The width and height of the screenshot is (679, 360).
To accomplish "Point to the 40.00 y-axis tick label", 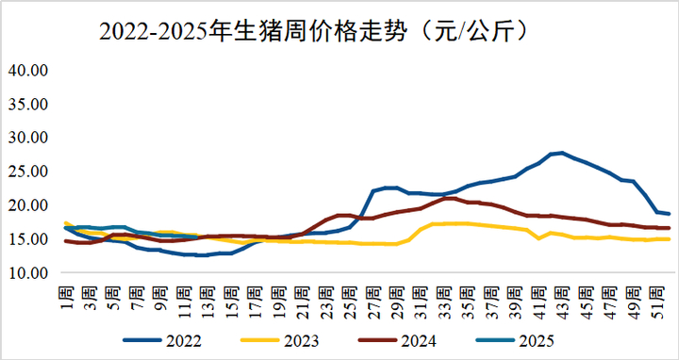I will [x=27, y=70].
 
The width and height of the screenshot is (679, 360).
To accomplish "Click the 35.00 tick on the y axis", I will [x=27, y=104].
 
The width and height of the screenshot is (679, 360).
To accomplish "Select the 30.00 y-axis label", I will [x=27, y=138].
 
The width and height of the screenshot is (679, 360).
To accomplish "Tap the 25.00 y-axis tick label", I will [x=27, y=172].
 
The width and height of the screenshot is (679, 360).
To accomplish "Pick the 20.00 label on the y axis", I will [x=27, y=205].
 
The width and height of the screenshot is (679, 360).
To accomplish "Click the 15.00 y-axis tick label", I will [x=27, y=239].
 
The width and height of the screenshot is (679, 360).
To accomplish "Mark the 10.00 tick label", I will [x=27, y=273].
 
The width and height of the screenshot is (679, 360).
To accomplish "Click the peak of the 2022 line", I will [x=562, y=153].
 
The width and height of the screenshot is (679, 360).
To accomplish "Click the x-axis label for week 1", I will [x=66, y=294].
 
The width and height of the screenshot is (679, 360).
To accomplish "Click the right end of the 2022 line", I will [x=669, y=214].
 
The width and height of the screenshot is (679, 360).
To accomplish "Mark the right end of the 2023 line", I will [x=669, y=239].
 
